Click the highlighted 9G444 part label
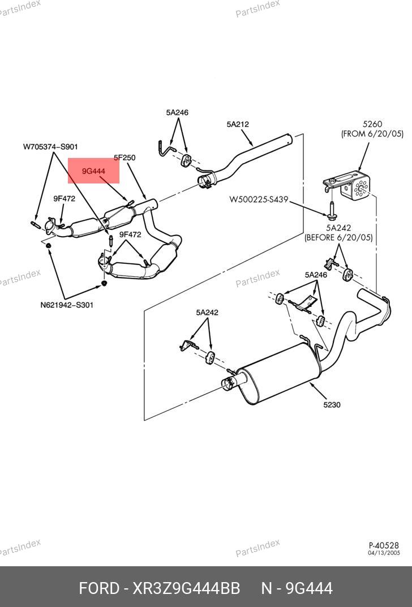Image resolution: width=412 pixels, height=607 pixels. [x=93, y=171]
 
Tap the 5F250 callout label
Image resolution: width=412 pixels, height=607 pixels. [x=125, y=158]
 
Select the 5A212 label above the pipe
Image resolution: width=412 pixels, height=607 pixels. [x=238, y=124]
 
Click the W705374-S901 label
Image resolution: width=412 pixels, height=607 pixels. [x=50, y=147]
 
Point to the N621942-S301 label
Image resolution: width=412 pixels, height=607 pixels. [x=67, y=305]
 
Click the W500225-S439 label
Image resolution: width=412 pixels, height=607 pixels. [x=259, y=199]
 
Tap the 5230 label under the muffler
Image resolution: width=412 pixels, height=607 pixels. [x=332, y=405]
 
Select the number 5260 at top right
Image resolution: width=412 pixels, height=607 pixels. [x=372, y=124]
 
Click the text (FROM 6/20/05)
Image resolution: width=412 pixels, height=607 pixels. [x=372, y=134]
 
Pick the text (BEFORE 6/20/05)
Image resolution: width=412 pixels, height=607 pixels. [x=338, y=238]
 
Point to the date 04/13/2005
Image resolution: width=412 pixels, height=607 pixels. [x=384, y=553]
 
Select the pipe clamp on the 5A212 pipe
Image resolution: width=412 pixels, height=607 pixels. [x=205, y=180]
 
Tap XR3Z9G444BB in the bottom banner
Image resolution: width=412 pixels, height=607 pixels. [x=186, y=588]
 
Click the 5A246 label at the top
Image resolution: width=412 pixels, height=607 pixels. [x=177, y=113]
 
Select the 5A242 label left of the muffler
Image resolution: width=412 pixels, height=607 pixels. [x=207, y=313]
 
